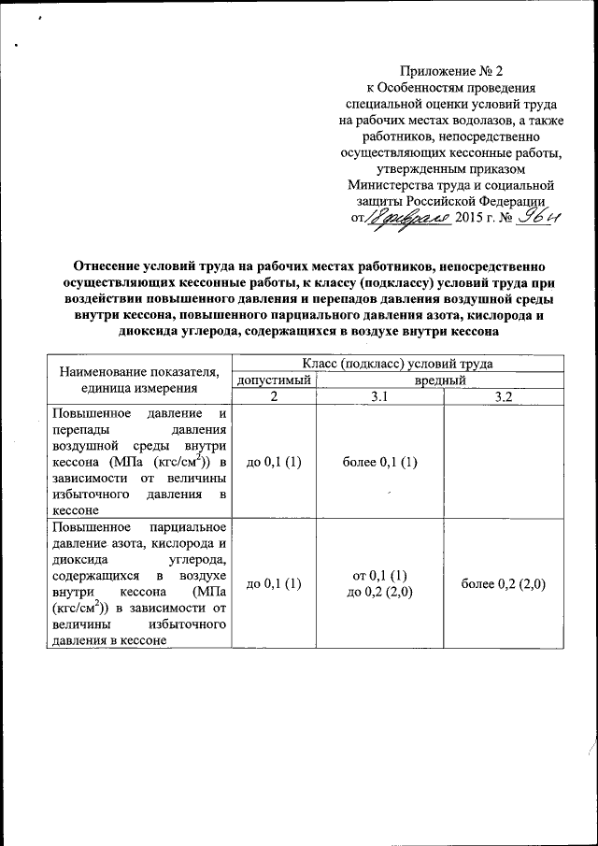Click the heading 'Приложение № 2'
point(451,70)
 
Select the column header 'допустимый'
point(274,380)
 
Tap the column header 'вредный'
point(440,380)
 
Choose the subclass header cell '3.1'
point(379,396)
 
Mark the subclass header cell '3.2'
point(504,396)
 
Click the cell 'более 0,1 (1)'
point(379,462)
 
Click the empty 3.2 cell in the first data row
point(504,462)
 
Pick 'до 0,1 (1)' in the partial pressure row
point(274,584)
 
